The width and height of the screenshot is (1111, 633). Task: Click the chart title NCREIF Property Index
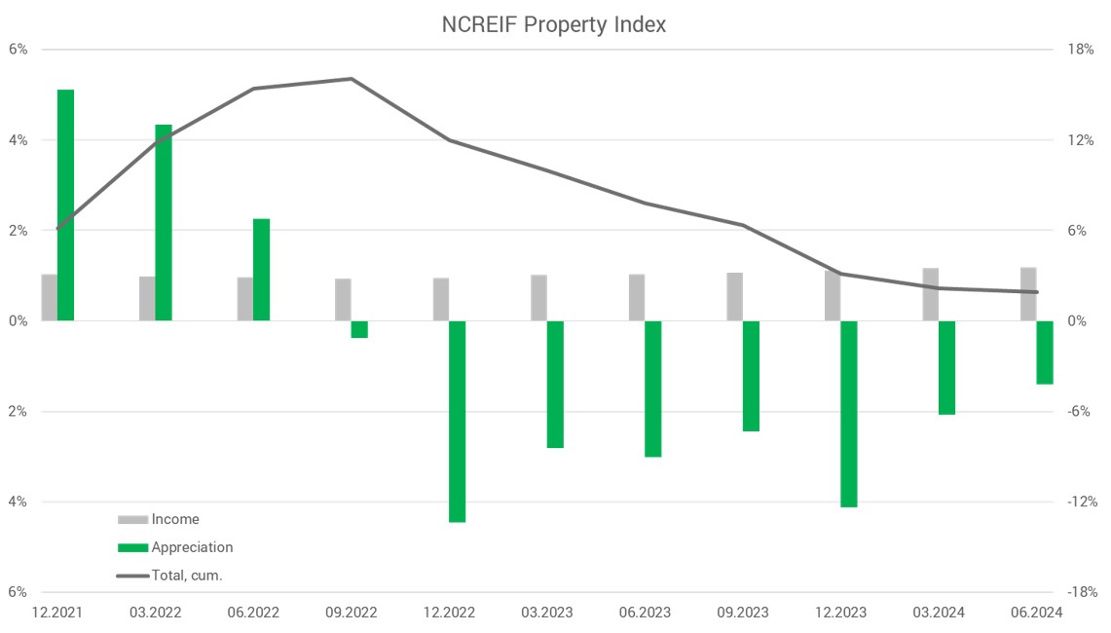[x=554, y=25]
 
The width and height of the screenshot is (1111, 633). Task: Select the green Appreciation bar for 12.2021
[x=66, y=205]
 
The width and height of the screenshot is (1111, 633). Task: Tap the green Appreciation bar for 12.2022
[x=458, y=421]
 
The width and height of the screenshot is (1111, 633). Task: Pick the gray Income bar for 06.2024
[x=1028, y=294]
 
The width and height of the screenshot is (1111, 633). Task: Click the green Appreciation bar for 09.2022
[x=359, y=329]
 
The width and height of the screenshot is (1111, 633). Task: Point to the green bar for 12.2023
[x=849, y=414]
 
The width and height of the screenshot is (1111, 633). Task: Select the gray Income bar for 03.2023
[x=538, y=298]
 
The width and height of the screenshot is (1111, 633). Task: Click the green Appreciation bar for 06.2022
[x=262, y=270]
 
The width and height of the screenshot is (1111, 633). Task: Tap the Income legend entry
[x=174, y=519]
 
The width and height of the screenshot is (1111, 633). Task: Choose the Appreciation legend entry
[x=192, y=547]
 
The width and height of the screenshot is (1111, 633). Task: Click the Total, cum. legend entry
[x=187, y=576]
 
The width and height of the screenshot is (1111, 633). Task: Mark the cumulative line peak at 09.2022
[x=352, y=79]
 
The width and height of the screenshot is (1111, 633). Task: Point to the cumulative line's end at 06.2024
[x=1037, y=292]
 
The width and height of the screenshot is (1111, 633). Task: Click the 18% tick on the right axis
[x=1081, y=50]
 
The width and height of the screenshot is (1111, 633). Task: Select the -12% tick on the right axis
[x=1081, y=503]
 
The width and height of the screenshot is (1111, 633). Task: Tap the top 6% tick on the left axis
[x=19, y=50]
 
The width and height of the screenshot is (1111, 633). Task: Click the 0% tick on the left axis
[x=19, y=321]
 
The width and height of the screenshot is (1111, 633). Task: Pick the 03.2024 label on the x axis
[x=939, y=613]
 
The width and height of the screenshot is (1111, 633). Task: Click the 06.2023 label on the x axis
[x=645, y=613]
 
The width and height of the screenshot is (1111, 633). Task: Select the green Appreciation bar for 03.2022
[x=164, y=223]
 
